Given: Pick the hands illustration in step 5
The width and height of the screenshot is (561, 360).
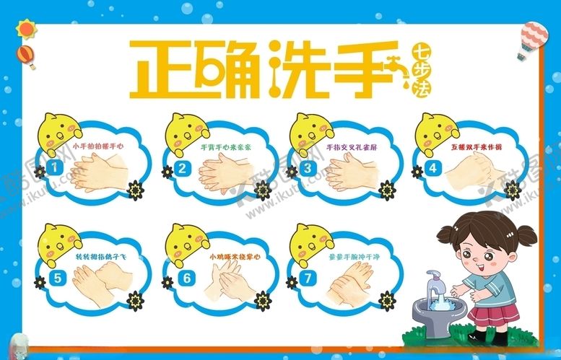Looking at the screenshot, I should tap(102, 278).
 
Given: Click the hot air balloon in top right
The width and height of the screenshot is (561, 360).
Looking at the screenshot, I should tap(534, 40).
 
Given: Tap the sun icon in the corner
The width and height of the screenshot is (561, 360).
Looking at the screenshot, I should tap(27, 27).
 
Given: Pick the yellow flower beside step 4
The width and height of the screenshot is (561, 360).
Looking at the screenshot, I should tap(511, 189).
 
